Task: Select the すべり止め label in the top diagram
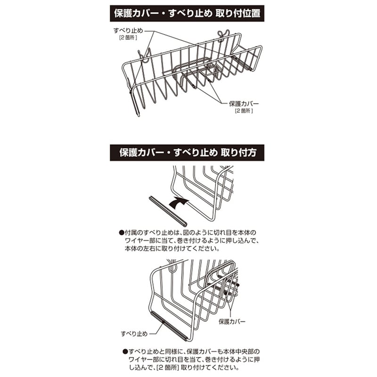(x=128, y=30)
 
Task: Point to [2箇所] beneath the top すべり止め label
(x=128, y=37)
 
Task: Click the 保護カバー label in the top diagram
(x=244, y=104)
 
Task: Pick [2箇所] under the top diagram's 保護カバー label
(x=244, y=111)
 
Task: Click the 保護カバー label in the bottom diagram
(x=232, y=321)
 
